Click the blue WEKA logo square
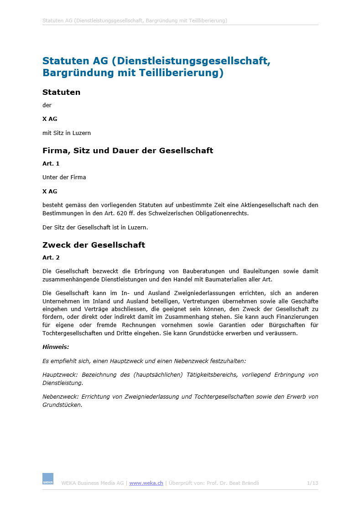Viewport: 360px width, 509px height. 48,478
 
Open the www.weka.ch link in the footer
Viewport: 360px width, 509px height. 146,483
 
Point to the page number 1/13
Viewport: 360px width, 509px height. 313,483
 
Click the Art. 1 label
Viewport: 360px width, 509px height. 51,163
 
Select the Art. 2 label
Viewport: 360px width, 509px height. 51,258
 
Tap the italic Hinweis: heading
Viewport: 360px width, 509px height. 56,347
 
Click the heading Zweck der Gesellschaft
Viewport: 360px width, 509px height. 94,245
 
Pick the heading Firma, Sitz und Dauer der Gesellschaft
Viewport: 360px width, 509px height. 128,151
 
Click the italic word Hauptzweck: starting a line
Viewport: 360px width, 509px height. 60,375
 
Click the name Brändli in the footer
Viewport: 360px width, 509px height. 250,483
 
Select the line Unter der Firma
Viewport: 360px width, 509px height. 64,177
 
